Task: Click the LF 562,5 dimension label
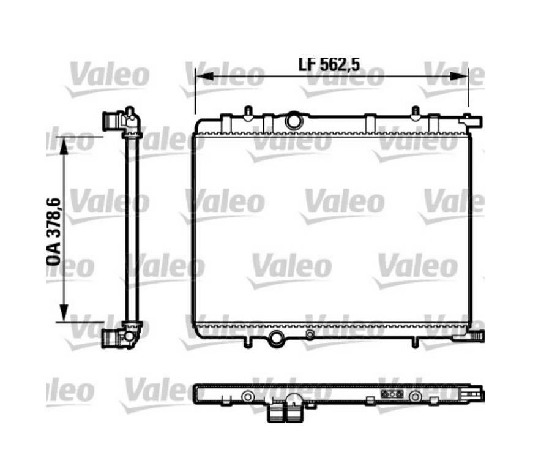pos(329,64)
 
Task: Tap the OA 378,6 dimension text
pos(54,231)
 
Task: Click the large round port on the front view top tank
pos(294,121)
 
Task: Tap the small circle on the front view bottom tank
pos(310,334)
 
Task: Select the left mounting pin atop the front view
pos(248,113)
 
